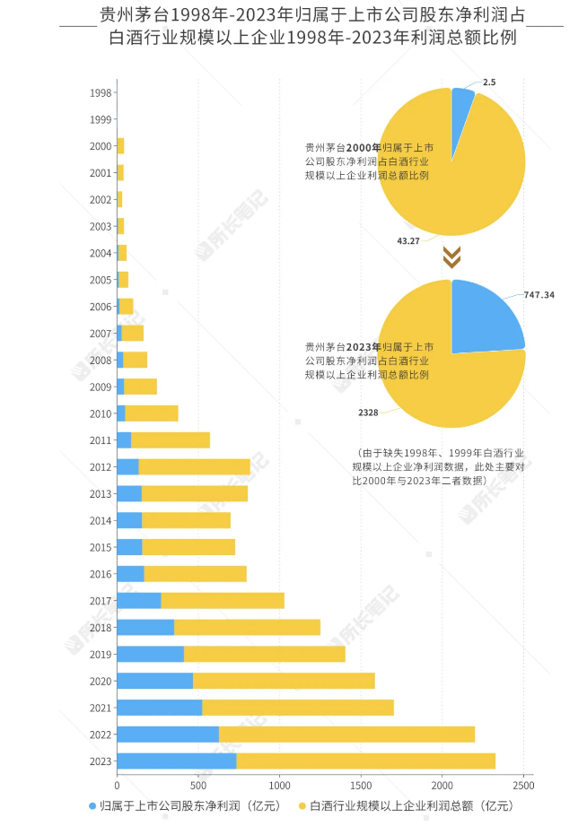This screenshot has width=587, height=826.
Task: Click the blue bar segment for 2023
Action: click(x=176, y=761)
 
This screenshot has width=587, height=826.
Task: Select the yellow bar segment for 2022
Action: click(x=346, y=734)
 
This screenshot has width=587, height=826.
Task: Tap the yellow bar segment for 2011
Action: click(x=170, y=439)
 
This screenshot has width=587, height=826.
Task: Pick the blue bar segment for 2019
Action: click(x=150, y=654)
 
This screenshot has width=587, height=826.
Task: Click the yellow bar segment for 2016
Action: click(x=195, y=573)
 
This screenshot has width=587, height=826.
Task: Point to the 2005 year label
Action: click(x=101, y=280)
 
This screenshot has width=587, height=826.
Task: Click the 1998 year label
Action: click(x=101, y=92)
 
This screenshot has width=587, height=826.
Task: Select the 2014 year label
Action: click(x=101, y=520)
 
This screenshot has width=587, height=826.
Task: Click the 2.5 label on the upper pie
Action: click(x=488, y=83)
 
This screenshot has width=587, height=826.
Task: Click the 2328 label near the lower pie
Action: click(x=369, y=412)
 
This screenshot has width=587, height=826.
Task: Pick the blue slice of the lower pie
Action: click(x=485, y=318)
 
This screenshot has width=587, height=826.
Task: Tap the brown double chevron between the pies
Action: click(x=452, y=257)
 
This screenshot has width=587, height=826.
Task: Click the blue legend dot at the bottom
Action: click(x=92, y=805)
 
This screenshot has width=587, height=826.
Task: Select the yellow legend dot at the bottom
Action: click(x=302, y=805)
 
